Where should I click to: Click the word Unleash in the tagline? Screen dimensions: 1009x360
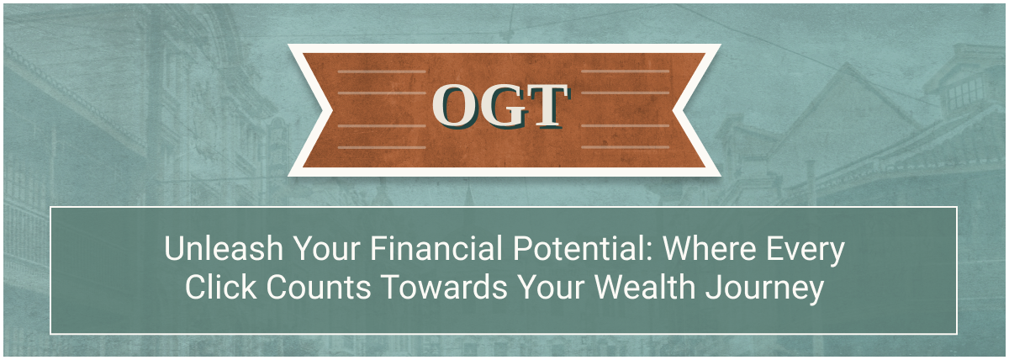click(224, 248)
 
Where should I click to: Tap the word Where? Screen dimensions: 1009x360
click(709, 248)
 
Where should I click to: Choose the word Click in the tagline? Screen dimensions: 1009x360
click(220, 287)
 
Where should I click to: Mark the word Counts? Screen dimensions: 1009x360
click(319, 287)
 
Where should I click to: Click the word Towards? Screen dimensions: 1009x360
click(445, 287)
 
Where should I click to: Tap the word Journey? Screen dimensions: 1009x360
click(764, 289)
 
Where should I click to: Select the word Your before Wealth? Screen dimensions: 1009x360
click(551, 287)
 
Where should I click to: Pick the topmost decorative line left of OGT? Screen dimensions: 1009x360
click(382, 71)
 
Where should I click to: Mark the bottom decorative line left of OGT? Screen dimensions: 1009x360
click(382, 147)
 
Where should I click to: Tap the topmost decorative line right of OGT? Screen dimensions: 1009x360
click(626, 71)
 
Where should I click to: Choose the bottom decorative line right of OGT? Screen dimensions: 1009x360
click(626, 147)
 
